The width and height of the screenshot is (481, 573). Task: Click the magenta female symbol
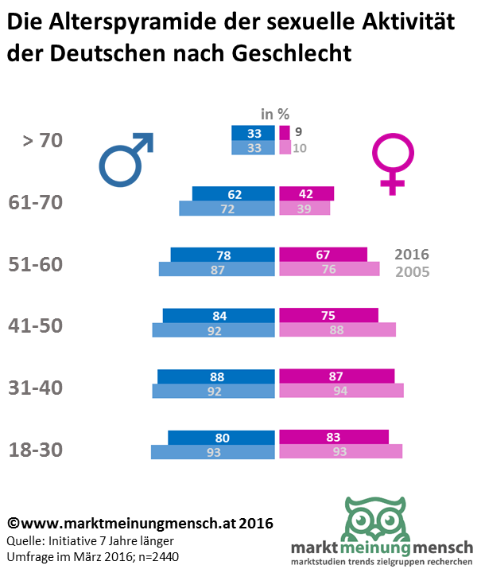[390, 164]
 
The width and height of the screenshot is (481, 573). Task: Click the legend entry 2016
[412, 255]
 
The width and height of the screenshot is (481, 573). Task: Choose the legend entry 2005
[412, 272]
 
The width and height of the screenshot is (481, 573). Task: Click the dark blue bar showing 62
[234, 193]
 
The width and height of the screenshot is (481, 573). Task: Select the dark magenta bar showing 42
[307, 193]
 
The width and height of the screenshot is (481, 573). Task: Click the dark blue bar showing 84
[220, 316]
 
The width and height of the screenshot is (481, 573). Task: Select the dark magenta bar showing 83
[334, 437]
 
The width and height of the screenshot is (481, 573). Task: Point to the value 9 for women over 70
[297, 132]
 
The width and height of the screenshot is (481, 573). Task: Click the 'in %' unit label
[274, 114]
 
